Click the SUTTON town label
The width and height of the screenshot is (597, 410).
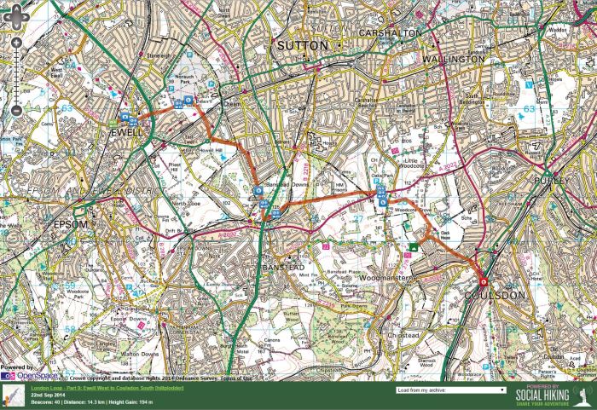pos(298,44)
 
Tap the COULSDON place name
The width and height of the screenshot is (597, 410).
pos(500,296)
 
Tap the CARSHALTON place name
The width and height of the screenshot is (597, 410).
pos(390,32)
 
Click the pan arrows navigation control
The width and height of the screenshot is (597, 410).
pos(16,16)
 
